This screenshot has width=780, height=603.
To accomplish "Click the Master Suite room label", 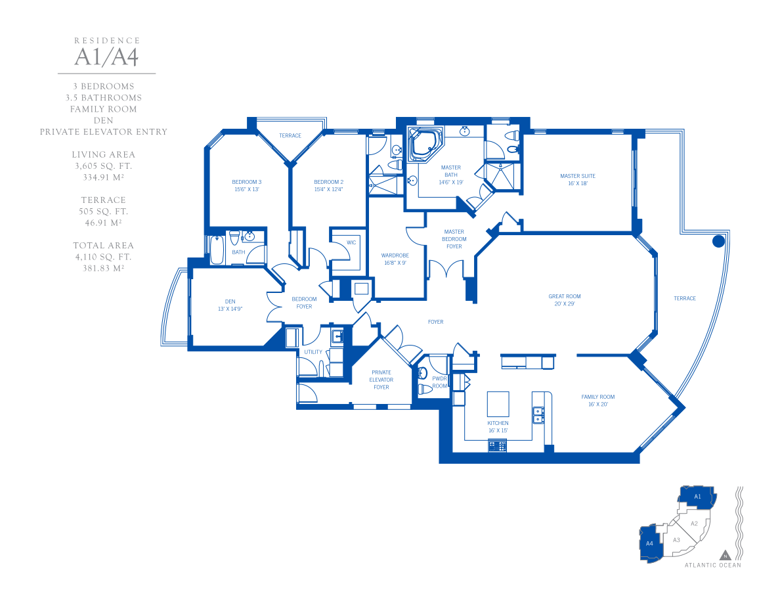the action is (x=578, y=179).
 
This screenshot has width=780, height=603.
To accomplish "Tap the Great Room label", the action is (x=565, y=300).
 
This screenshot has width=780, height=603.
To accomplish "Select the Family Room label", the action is (x=598, y=401).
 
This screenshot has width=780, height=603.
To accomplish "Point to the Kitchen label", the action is (x=498, y=427).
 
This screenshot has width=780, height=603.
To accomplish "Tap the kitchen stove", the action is (x=498, y=446).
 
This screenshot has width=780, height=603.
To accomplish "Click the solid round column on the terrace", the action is (x=718, y=241).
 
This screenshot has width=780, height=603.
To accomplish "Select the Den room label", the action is (x=230, y=305).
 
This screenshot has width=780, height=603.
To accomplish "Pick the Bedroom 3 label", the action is (x=247, y=186).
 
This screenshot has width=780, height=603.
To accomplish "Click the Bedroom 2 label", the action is (x=328, y=186).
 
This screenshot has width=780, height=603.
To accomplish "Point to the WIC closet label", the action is (x=351, y=243).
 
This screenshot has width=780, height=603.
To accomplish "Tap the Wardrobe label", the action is (x=395, y=259).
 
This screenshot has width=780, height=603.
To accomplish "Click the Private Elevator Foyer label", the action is (x=381, y=380).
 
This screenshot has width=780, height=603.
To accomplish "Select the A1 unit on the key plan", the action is (x=697, y=497).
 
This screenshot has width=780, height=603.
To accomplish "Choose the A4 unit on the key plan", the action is (x=650, y=543).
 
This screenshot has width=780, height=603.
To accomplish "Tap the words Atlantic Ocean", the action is (x=713, y=565).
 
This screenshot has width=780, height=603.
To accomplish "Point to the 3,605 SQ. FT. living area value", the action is (x=104, y=166).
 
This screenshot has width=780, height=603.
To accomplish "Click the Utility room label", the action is (x=313, y=352).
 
